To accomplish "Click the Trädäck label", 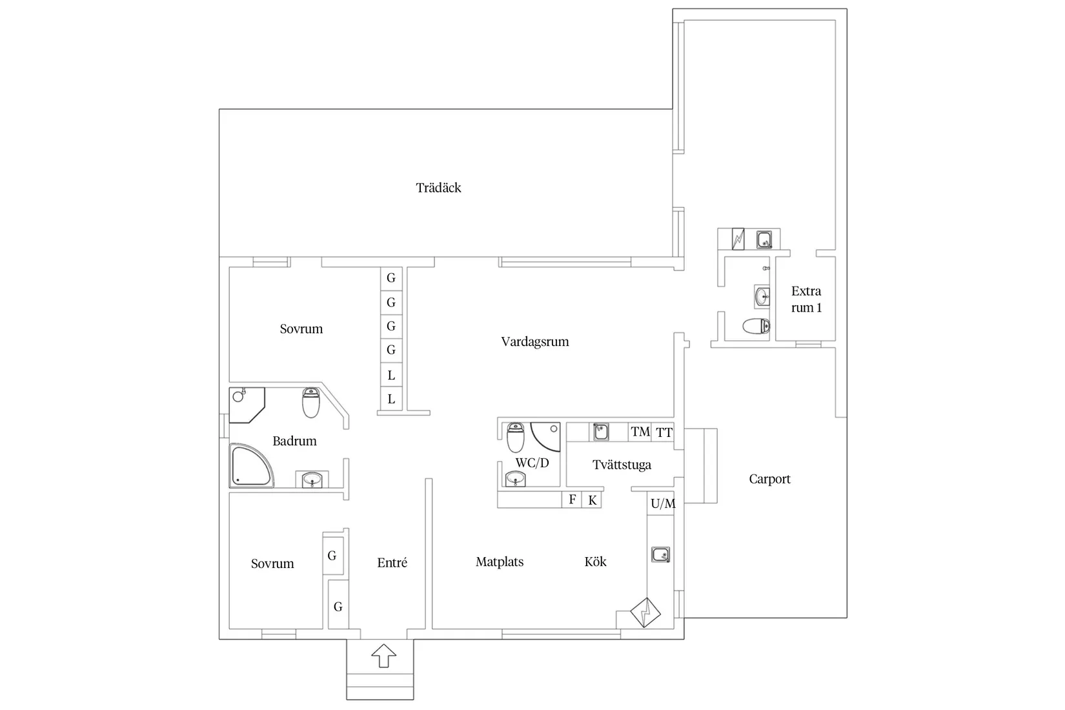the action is point(438,188).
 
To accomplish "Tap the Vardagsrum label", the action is point(535,341).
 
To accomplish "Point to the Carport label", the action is point(770,479).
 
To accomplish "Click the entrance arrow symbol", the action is point(383,656).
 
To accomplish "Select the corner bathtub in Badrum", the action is point(251,466).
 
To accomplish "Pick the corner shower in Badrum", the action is point(246,405).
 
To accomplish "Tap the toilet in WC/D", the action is point(515,438).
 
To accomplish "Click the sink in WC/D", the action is point(515,479).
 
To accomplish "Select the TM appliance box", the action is point(640,432).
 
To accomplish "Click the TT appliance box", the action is point(663,432).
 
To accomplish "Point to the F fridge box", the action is point(572,500).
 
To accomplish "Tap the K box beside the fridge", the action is point(592,500).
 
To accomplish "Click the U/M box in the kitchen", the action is point(662,503).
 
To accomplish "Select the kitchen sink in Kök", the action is point(660,554).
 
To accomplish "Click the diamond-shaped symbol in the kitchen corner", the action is point(645,613).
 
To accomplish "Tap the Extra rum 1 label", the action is point(806,299).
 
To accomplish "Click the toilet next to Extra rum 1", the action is point(756,326).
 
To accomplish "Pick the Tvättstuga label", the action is point(622,465).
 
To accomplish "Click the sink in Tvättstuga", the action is point(601,432).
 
